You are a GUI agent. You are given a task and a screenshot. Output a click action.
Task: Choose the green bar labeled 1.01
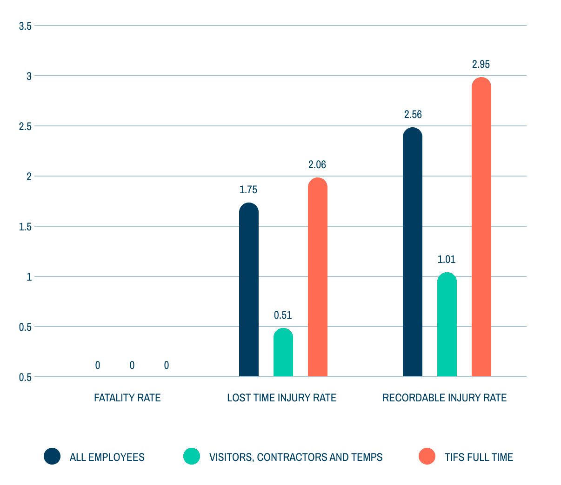pyautogui.click(x=447, y=325)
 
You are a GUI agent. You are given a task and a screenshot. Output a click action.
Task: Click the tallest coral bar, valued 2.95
pyautogui.click(x=481, y=227)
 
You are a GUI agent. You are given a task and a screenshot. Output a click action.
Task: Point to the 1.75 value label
pyautogui.click(x=248, y=190)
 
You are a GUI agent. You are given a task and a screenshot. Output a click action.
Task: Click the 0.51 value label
pyautogui.click(x=283, y=315)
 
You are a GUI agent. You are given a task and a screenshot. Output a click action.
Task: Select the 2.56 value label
pyautogui.click(x=413, y=114)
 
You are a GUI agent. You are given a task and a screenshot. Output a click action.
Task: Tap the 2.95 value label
pyautogui.click(x=481, y=64)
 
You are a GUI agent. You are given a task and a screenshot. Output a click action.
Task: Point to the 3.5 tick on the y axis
pyautogui.click(x=25, y=26)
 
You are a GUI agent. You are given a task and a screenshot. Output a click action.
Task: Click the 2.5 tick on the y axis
pyautogui.click(x=25, y=126)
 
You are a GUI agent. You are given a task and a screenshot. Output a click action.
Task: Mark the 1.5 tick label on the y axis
pyautogui.click(x=25, y=227)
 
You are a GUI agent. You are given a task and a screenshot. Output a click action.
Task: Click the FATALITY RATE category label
pyautogui.click(x=127, y=398)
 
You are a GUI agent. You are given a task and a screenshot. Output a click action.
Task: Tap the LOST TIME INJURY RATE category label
pyautogui.click(x=281, y=398)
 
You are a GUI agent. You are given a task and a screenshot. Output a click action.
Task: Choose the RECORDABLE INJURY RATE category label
pyautogui.click(x=444, y=398)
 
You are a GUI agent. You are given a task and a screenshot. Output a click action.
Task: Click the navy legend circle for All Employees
pyautogui.click(x=52, y=456)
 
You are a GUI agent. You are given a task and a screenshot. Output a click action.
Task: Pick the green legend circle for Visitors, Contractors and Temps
pyautogui.click(x=192, y=456)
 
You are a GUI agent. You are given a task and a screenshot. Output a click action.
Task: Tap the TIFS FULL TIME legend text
pyautogui.click(x=479, y=457)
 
